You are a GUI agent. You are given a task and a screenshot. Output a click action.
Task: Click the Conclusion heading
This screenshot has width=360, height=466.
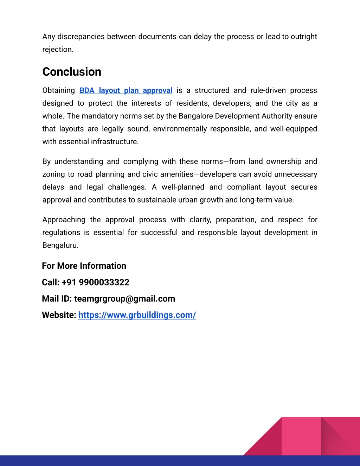[x=72, y=72]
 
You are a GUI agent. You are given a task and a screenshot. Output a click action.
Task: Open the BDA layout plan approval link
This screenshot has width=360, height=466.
[x=126, y=90]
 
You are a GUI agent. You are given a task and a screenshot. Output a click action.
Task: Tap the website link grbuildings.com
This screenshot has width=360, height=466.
[x=137, y=315]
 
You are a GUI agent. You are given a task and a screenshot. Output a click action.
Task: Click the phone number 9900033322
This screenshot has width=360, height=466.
[x=104, y=282]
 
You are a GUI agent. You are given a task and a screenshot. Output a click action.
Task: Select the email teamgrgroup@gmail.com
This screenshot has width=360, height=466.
[x=124, y=299]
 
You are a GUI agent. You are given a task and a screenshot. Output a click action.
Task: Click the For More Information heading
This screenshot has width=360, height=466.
[x=84, y=266]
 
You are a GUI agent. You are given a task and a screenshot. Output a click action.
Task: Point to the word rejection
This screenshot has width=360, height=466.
[x=57, y=50]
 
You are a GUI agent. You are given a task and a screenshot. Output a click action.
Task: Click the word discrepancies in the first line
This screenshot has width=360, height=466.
[x=81, y=37]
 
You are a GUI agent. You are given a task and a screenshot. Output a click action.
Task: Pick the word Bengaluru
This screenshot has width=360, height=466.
[x=60, y=245]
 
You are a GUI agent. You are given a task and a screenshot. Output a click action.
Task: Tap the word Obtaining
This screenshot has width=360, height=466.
[x=58, y=90]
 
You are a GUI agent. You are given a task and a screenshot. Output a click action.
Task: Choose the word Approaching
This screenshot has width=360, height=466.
[x=64, y=220]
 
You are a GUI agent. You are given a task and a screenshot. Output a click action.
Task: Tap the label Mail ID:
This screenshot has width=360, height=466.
[x=57, y=299]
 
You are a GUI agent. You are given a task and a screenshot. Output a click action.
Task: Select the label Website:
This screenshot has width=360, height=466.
[x=59, y=315]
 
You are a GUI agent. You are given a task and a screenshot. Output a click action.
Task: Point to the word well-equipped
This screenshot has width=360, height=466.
[x=294, y=129]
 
